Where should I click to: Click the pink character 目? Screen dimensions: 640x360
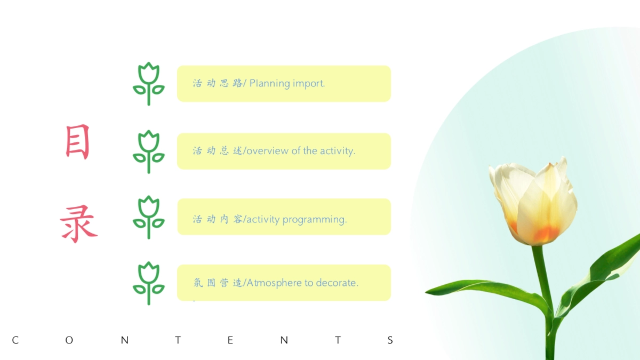(x=77, y=142)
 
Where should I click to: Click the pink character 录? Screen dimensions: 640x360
(x=78, y=223)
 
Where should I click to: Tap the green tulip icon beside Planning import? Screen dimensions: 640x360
(x=149, y=84)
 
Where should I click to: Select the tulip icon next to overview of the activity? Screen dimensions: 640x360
(x=149, y=151)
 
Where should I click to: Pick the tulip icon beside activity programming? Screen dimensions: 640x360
(x=149, y=217)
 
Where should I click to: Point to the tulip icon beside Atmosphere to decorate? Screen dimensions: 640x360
(x=149, y=283)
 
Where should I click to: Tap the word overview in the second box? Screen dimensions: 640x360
(x=267, y=151)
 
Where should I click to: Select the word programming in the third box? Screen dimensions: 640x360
(x=315, y=220)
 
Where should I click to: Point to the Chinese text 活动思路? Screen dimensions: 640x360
(x=218, y=83)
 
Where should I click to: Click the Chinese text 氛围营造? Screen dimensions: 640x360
(x=218, y=283)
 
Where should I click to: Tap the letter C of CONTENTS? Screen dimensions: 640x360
(x=15, y=340)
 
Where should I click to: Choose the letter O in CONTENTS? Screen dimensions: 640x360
(x=69, y=340)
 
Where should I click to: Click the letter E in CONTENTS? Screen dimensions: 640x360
(x=230, y=340)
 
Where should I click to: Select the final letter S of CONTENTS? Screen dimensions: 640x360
(x=390, y=340)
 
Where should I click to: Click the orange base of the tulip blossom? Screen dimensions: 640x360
(x=546, y=234)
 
